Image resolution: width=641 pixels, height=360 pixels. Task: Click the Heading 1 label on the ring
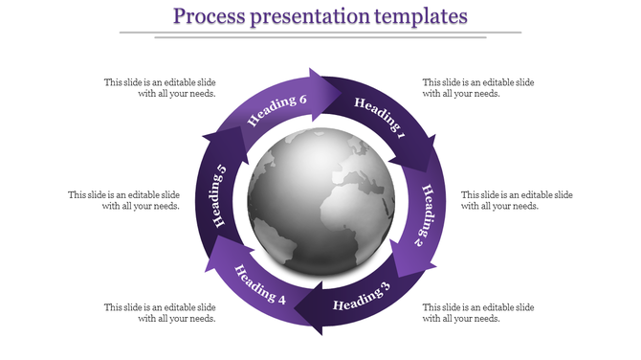(380, 120)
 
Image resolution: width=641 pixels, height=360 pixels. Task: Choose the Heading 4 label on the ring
(260, 283)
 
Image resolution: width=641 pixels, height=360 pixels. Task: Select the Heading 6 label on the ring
(277, 110)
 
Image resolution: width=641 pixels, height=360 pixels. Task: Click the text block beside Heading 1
(478, 88)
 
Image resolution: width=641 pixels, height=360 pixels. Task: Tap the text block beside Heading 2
(517, 200)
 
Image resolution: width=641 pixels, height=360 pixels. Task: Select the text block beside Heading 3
(478, 312)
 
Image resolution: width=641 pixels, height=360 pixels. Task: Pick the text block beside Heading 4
(161, 312)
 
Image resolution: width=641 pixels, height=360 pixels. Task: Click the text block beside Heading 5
(124, 200)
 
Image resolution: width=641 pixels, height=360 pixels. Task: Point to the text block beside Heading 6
(161, 88)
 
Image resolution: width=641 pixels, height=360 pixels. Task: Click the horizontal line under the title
(320, 34)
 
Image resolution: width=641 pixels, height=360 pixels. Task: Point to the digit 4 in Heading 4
(281, 299)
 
